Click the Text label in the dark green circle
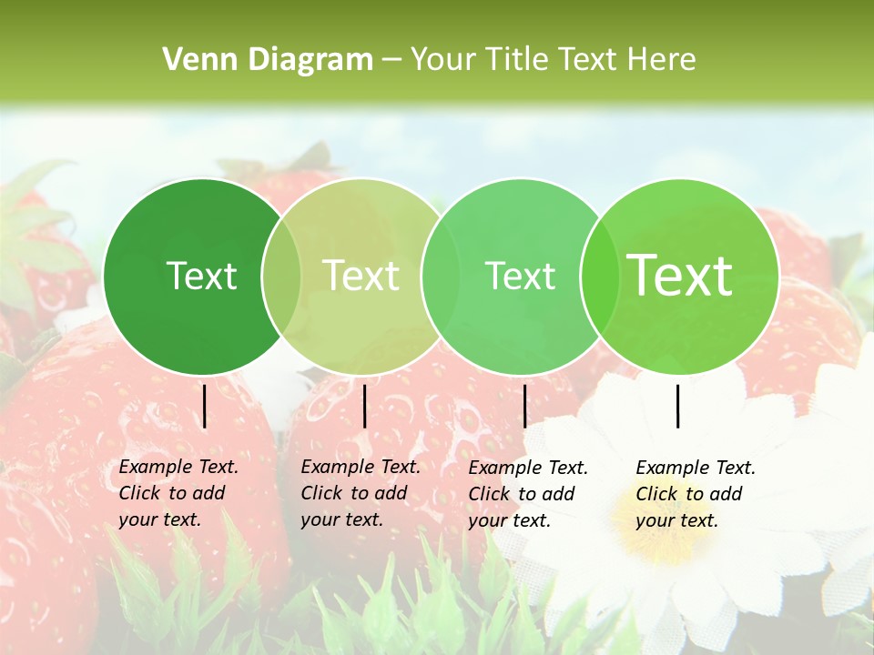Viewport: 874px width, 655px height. coord(201,276)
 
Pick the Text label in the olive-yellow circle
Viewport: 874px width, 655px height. coord(361,276)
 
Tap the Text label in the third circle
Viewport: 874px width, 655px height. coord(521,276)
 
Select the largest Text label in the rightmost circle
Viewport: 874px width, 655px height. coord(680,276)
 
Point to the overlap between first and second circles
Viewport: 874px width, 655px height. coord(281,277)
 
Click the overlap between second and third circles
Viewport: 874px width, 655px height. coord(441,277)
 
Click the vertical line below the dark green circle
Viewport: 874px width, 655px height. coord(205,406)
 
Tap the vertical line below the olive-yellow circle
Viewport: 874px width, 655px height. coord(364,406)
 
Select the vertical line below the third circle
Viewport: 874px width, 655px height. coord(524,406)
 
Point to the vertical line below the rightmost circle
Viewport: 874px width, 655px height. coord(678,406)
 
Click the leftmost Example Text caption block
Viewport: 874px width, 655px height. coord(178,493)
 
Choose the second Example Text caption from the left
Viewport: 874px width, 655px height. coord(360,493)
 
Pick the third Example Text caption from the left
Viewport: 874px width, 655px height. coord(527,494)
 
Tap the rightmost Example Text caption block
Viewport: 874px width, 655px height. coord(695,494)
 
